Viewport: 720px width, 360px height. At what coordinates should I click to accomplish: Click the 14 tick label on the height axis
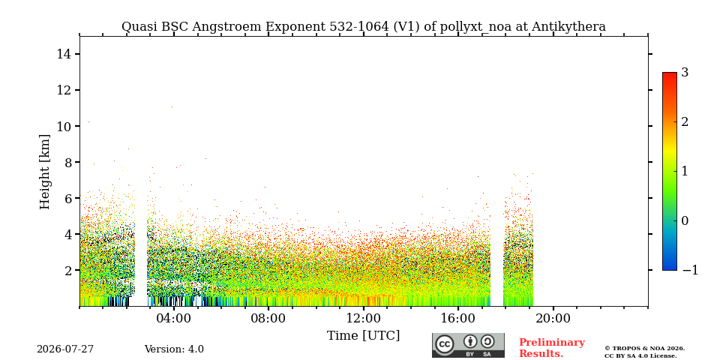pos(64,54)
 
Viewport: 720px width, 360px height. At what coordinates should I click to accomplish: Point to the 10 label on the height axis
pos(64,126)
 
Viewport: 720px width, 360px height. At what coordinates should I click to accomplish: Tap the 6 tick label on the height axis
pos(67,198)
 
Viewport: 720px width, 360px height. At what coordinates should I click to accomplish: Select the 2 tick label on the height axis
pos(67,270)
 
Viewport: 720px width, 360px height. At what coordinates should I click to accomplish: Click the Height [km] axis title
pos(44,172)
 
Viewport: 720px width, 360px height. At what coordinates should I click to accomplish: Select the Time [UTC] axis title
pos(363,336)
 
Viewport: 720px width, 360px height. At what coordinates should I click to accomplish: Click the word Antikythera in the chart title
pos(569,27)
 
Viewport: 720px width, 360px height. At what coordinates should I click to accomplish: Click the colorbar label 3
pos(685,72)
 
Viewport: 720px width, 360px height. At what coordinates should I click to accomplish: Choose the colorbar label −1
pos(690,270)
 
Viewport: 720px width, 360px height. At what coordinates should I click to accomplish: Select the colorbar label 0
pos(685,220)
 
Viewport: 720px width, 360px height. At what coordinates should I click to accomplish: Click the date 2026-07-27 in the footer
pos(65,349)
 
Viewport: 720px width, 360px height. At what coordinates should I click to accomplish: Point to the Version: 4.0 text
pos(174,349)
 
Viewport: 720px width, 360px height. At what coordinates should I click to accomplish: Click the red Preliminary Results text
pos(551,348)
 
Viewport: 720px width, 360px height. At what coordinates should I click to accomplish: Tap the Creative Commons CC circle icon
pos(445,344)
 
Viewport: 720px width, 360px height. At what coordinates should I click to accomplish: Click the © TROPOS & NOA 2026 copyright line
pos(644,349)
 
